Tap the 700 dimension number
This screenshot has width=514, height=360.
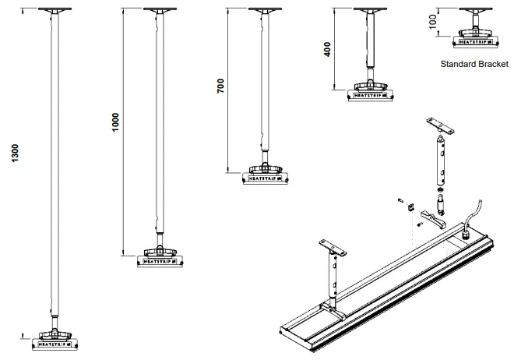[x=220, y=86]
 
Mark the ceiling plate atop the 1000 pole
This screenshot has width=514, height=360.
[x=160, y=10]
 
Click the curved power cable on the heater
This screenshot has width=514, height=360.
[x=476, y=212]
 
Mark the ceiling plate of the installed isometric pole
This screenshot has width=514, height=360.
[x=333, y=246]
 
